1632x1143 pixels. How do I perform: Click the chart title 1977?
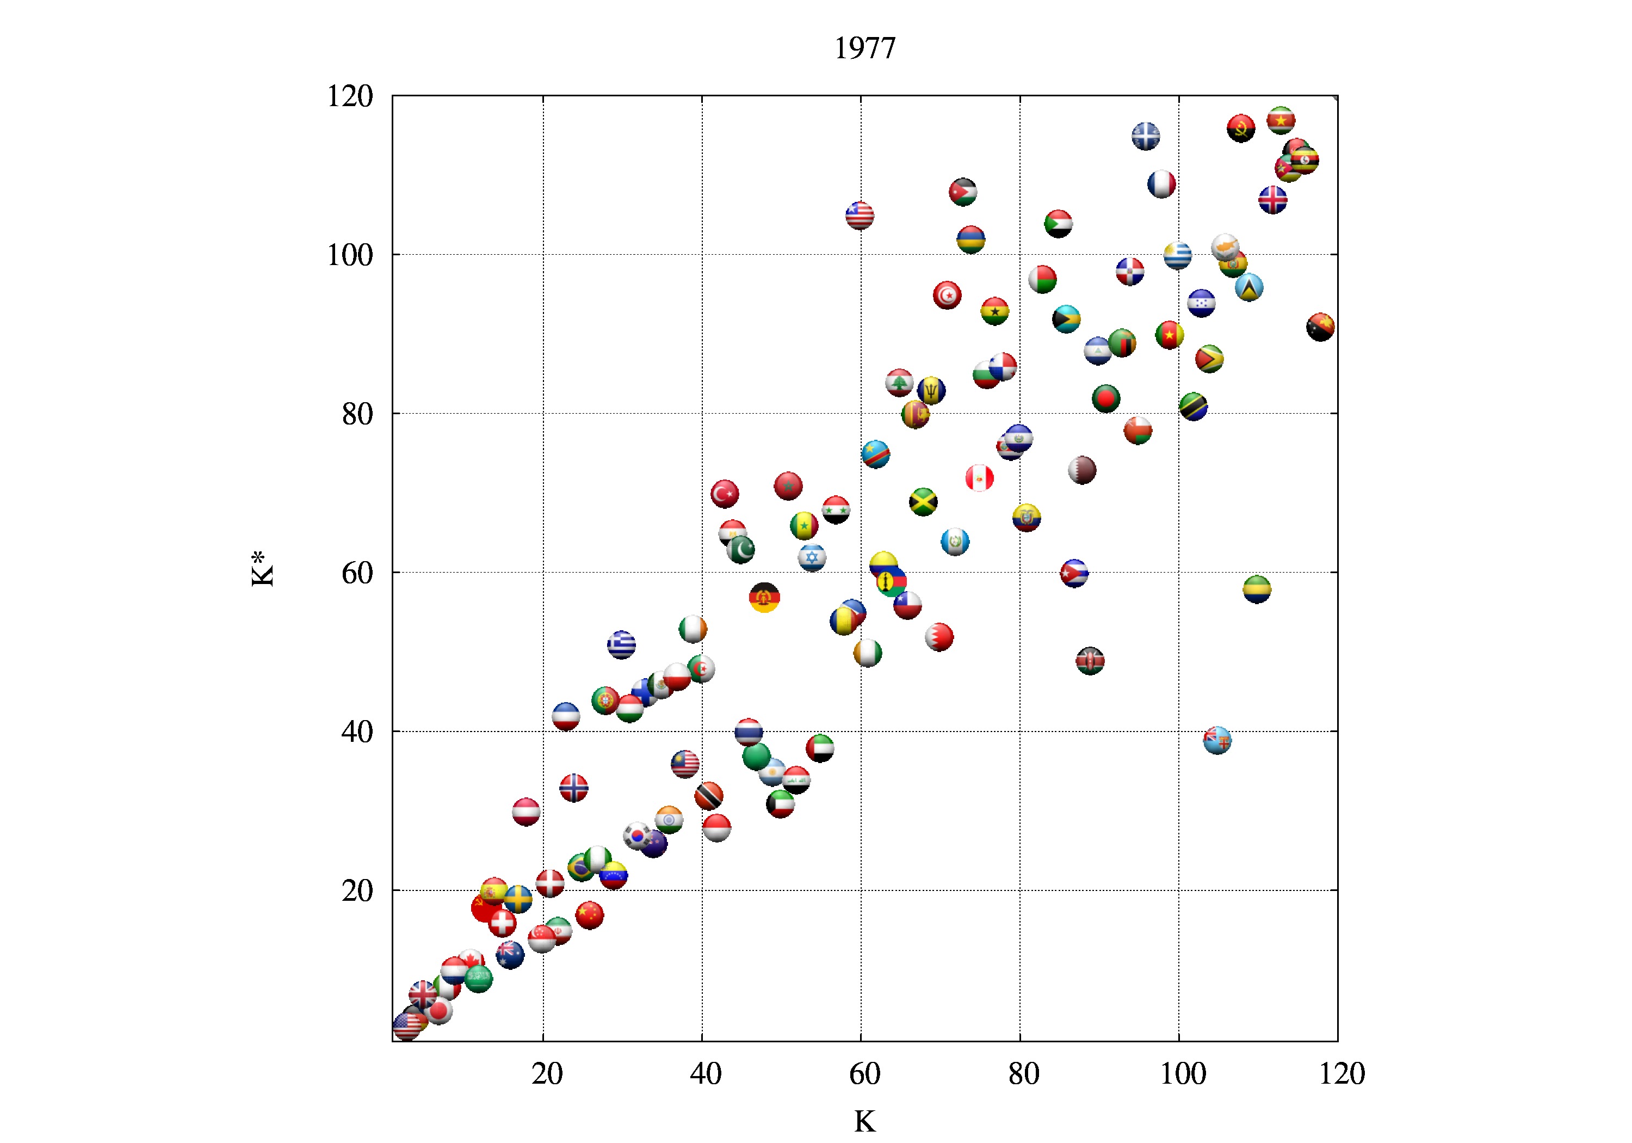[x=864, y=48]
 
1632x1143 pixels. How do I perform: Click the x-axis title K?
[x=864, y=1121]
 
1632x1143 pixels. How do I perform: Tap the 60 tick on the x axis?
[x=864, y=1073]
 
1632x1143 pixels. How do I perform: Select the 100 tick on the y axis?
[x=350, y=255]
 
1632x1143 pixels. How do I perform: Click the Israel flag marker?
[x=812, y=558]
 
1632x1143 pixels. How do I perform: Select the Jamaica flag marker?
[x=923, y=502]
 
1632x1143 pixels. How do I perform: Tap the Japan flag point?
[x=438, y=1010]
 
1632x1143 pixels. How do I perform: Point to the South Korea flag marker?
[x=638, y=835]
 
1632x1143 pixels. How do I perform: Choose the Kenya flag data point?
[x=1090, y=661]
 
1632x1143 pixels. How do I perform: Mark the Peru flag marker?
[x=980, y=478]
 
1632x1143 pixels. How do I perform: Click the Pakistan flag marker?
[x=740, y=549]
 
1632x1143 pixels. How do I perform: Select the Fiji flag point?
[x=1217, y=740]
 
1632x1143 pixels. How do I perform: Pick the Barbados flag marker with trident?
[x=931, y=390]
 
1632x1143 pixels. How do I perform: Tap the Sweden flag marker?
[x=518, y=899]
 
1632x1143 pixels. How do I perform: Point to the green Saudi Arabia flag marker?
[x=478, y=978]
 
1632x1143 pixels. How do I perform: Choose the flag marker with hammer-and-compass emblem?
[x=765, y=598]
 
